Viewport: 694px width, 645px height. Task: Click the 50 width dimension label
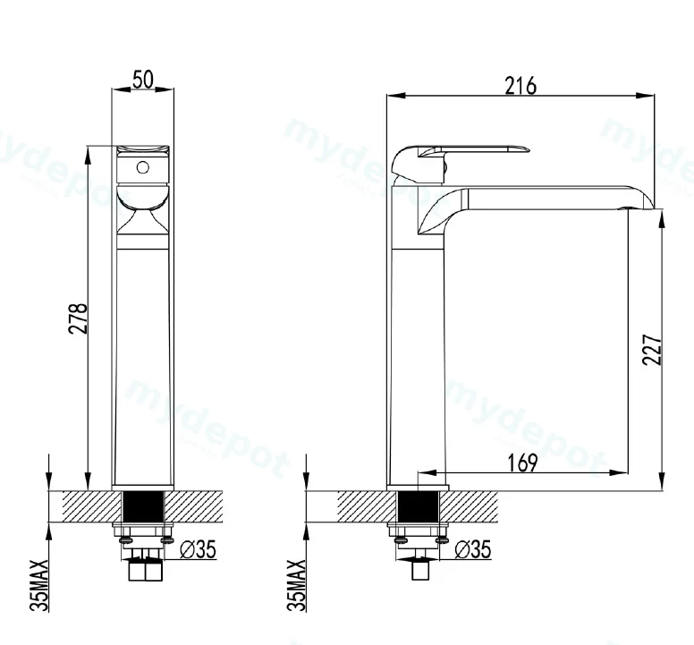(x=143, y=80)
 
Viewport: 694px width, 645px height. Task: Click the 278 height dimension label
(x=79, y=318)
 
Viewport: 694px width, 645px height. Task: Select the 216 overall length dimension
(x=520, y=86)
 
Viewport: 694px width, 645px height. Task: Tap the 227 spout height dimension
(x=652, y=350)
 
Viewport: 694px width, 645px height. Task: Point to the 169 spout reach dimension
(x=522, y=463)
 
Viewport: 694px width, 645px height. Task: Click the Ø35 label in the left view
(x=199, y=549)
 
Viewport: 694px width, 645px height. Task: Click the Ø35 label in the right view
(x=473, y=549)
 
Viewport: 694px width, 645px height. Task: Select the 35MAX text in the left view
(x=39, y=585)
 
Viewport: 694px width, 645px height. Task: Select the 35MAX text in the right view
(x=297, y=585)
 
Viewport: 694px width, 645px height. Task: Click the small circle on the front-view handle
(x=142, y=167)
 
